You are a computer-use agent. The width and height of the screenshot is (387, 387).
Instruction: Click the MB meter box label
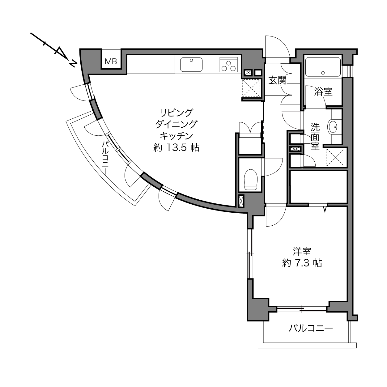click(111, 62)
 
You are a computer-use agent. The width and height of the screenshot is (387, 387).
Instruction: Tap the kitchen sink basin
click(191, 65)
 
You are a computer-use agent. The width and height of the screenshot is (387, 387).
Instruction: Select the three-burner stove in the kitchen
click(228, 65)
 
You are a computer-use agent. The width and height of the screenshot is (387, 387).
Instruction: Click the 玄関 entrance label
click(277, 81)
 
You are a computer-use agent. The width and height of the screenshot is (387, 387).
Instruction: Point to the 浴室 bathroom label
click(323, 92)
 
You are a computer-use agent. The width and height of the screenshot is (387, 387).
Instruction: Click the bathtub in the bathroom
click(323, 67)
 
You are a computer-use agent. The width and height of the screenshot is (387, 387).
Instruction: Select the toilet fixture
click(251, 180)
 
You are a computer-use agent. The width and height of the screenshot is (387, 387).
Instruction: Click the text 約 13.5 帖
click(176, 148)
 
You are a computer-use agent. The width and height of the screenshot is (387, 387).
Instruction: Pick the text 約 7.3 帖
click(302, 263)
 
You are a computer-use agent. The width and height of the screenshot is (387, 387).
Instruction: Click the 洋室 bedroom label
click(302, 252)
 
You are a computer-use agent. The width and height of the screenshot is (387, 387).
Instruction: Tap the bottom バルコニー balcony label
click(311, 329)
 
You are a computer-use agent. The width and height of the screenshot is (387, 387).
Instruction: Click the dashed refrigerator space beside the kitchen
click(251, 88)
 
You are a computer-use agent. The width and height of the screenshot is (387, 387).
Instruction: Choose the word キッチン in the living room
click(176, 136)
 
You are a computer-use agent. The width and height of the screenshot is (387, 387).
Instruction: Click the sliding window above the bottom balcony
click(302, 309)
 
